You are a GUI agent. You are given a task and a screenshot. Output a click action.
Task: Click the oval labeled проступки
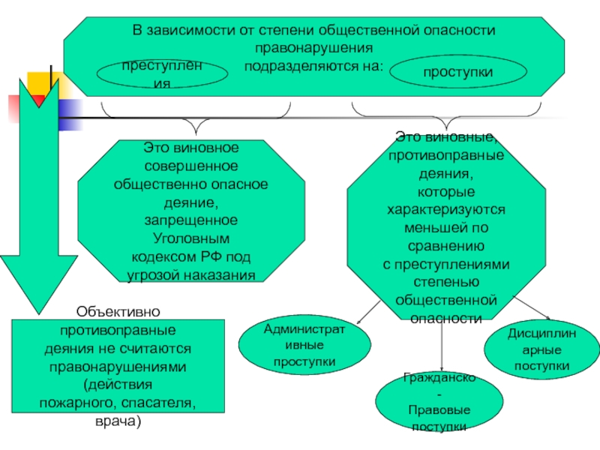click(458, 71)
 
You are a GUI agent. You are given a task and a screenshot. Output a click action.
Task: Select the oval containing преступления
click(162, 73)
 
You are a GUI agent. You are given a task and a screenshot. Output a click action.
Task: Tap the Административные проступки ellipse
click(304, 344)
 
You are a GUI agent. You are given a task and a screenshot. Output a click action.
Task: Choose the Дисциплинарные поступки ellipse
click(541, 349)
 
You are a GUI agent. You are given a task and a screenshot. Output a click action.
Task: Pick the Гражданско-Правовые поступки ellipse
click(439, 402)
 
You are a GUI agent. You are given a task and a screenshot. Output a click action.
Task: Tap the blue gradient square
click(70, 115)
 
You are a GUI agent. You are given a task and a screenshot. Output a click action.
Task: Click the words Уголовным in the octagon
click(191, 238)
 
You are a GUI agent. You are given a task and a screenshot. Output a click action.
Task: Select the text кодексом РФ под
click(191, 256)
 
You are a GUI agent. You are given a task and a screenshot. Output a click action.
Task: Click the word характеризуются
click(446, 210)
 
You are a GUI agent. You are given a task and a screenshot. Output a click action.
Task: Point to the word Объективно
click(118, 311)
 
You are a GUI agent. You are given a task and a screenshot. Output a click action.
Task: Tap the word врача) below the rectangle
click(118, 421)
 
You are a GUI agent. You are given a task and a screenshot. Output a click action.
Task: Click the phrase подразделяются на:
click(313, 66)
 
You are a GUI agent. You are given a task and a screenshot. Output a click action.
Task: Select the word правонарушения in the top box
click(313, 48)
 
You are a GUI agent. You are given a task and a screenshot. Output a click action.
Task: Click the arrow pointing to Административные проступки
click(368, 312)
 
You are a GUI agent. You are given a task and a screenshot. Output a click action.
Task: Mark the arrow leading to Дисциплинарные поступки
click(532, 308)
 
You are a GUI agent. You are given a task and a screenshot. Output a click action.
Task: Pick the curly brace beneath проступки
click(446, 116)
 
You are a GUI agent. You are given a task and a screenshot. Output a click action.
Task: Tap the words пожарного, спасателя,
click(118, 403)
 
